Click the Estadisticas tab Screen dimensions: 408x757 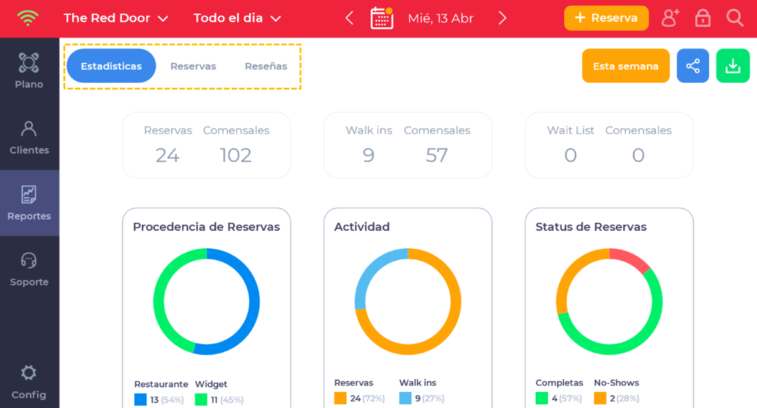click(x=111, y=66)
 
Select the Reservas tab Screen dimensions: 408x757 click(x=193, y=66)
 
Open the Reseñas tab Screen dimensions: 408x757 click(x=265, y=66)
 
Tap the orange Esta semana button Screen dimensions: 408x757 click(x=625, y=66)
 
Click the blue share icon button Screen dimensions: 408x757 click(x=692, y=66)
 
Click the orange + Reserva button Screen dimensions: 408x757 click(x=606, y=18)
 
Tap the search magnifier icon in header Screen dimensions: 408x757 click(x=735, y=18)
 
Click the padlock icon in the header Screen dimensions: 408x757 click(x=702, y=18)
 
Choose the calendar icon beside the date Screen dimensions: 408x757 click(x=382, y=18)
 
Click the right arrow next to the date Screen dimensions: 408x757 click(x=502, y=18)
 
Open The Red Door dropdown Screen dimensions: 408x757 click(x=116, y=18)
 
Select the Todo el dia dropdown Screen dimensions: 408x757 click(x=237, y=18)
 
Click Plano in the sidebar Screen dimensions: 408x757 click(x=29, y=71)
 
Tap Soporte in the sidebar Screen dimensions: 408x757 click(x=29, y=269)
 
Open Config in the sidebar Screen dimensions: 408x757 click(x=29, y=381)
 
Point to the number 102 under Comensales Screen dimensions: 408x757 click(x=236, y=155)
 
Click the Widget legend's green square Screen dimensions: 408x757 click(x=201, y=399)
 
